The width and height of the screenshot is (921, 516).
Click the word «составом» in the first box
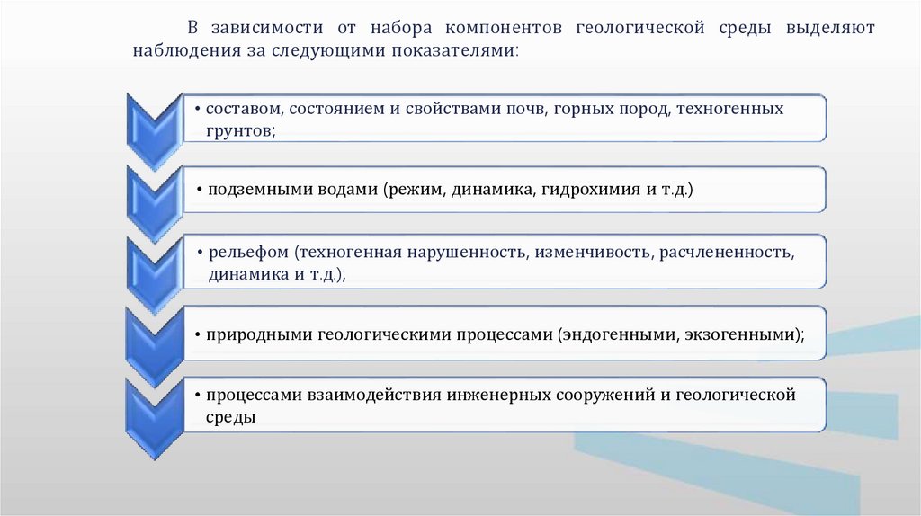[x=244, y=109]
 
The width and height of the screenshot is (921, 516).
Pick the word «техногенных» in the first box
[x=729, y=109]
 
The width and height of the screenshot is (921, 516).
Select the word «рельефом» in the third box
[x=240, y=252]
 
